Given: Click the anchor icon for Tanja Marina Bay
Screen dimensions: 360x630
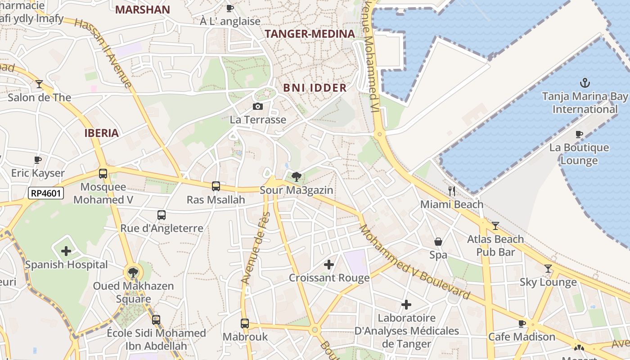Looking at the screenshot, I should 585,83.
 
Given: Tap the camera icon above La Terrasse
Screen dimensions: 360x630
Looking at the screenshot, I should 258,106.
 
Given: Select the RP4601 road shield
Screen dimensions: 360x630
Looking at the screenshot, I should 46,193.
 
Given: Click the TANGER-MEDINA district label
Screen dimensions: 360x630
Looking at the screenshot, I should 310,34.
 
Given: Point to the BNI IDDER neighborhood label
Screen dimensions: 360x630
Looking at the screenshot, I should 315,88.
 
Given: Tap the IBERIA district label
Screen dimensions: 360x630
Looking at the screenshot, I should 102,133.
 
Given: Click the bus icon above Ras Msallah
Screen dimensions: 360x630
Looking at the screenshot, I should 216,186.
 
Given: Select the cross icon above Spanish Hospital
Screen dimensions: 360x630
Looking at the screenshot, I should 66,251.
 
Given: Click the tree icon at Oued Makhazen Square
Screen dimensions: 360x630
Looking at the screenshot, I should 133,272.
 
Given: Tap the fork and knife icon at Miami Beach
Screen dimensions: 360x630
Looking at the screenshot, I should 452,191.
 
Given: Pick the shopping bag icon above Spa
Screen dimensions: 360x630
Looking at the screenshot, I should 438,242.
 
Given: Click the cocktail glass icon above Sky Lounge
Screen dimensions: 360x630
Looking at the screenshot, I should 548,269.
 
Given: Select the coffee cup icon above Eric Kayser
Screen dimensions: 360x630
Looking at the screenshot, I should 38,160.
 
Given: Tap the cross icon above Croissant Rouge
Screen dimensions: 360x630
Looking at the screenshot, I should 329,265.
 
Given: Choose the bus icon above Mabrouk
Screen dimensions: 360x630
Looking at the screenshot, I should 245,323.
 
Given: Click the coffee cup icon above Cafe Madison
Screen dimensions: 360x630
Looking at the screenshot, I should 522,323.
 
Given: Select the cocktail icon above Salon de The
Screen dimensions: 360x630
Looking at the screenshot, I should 39,84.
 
